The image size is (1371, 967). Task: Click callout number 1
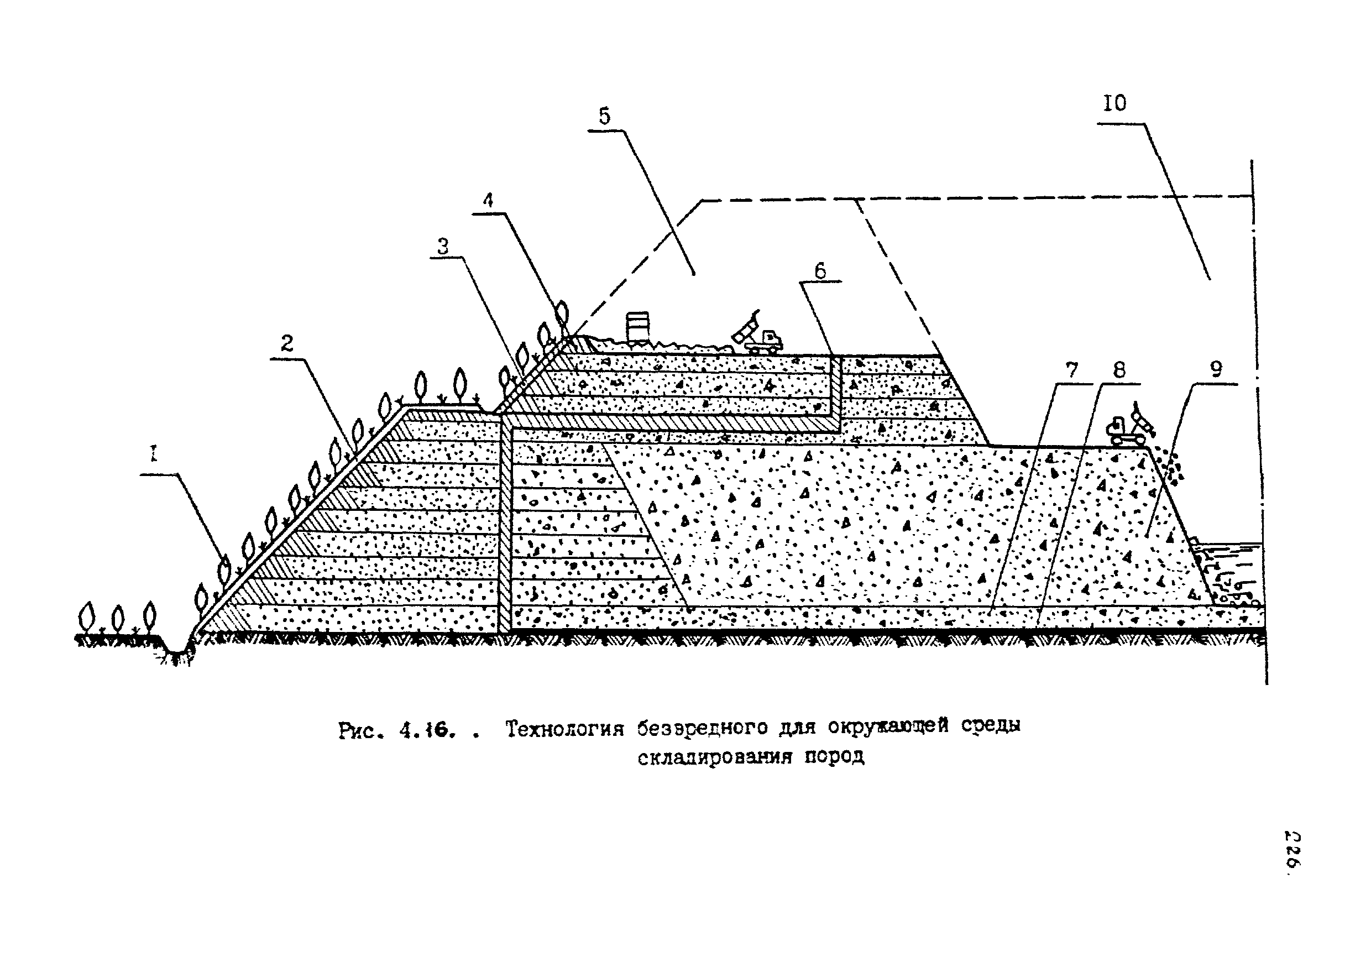[x=154, y=454]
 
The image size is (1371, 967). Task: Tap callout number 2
[x=287, y=343]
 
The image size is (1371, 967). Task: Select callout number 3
[x=442, y=246]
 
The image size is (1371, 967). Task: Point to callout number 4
[x=489, y=200]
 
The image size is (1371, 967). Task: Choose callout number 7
[x=1072, y=370]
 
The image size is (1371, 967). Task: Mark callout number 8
[x=1119, y=370]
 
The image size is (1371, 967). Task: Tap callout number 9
[x=1216, y=370]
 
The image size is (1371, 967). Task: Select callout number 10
[x=1114, y=103]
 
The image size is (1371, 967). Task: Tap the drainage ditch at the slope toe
[x=177, y=649]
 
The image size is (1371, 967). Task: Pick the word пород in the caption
[x=834, y=757]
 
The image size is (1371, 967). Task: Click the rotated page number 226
[x=1291, y=850]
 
